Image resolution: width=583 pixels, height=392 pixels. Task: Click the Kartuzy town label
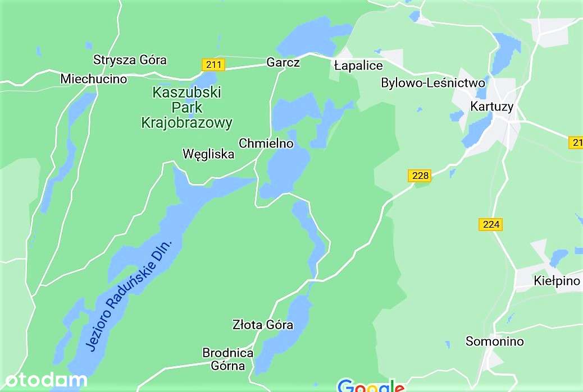pos(492,107)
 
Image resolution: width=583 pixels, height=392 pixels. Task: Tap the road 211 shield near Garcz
pos(213,64)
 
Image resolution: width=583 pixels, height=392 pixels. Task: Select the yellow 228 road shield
pos(420,176)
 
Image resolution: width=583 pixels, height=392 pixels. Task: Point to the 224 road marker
pos(491,224)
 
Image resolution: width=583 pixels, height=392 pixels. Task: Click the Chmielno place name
pos(266,144)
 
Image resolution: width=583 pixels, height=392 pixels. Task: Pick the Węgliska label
pos(208,154)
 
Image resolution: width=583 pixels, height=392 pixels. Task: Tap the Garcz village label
pos(283,62)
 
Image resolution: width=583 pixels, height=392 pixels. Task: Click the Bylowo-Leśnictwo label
pos(432,83)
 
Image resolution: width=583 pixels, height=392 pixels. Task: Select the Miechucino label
pos(94,79)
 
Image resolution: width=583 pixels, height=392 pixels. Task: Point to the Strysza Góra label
pos(130,60)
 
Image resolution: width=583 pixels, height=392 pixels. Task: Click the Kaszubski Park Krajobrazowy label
pos(187,108)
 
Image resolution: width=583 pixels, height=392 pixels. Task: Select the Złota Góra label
pos(263,325)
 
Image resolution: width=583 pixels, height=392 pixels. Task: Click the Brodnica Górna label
pos(228,359)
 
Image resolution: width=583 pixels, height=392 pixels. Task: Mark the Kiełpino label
pos(557,281)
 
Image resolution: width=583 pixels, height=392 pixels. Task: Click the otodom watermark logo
pos(44,381)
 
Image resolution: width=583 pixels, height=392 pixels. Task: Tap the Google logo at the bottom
pos(371,386)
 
